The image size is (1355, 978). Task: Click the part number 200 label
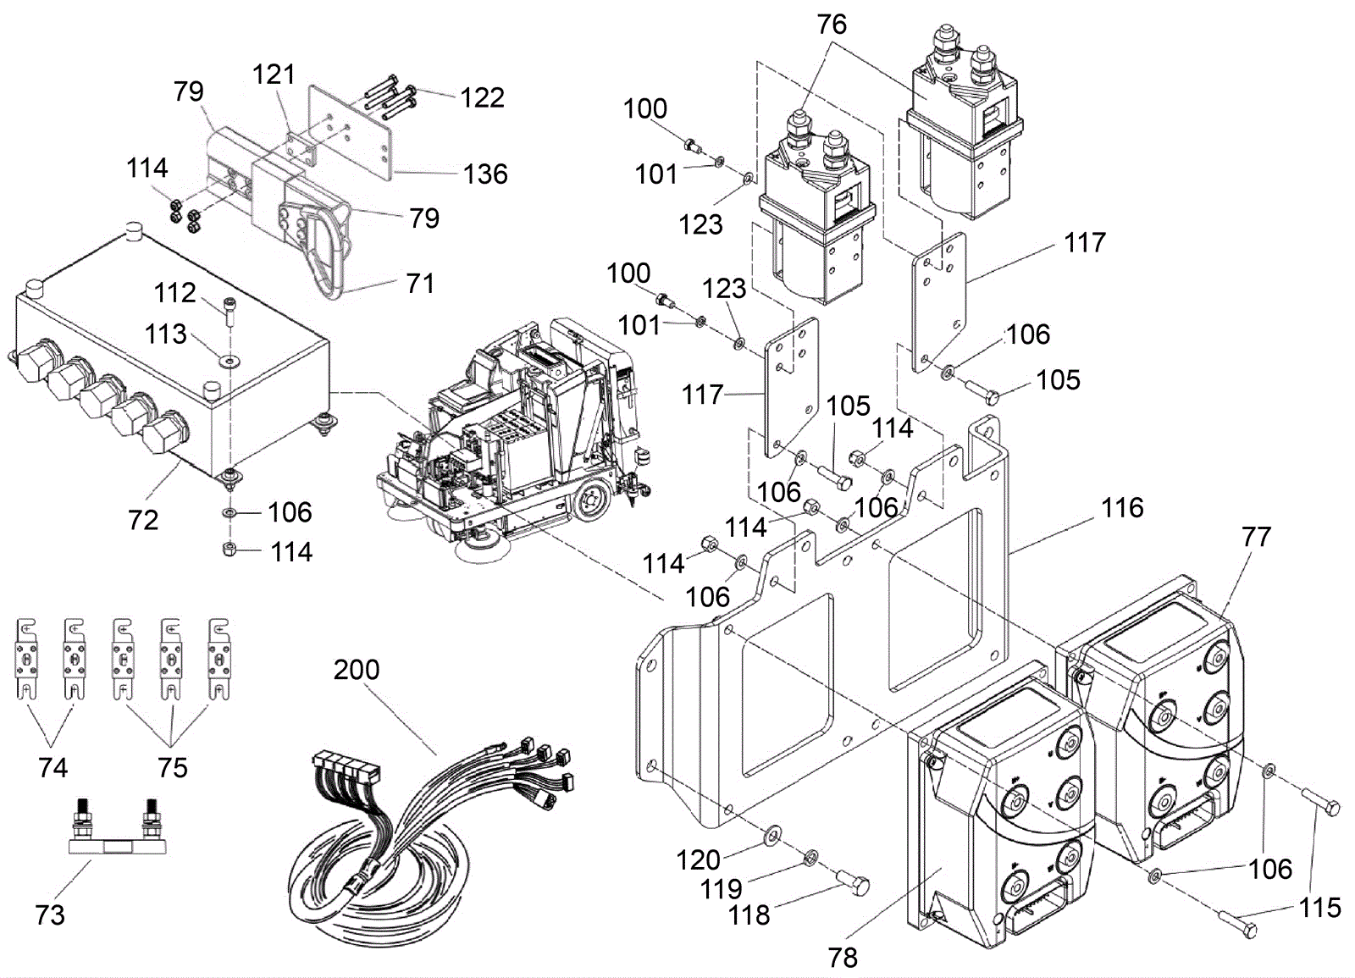[357, 670]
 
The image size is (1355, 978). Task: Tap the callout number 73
[50, 914]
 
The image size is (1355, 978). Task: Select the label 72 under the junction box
[143, 520]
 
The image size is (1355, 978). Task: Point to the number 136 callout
[485, 174]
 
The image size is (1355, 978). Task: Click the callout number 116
[1122, 507]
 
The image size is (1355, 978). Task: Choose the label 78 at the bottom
[843, 958]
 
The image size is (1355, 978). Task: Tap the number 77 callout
[1257, 537]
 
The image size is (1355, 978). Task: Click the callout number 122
[482, 97]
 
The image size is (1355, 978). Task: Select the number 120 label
[698, 860]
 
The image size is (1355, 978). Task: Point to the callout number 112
[174, 293]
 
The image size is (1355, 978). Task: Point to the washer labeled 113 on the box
[230, 361]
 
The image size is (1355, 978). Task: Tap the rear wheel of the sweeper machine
[591, 501]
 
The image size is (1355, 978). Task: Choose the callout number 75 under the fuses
[173, 767]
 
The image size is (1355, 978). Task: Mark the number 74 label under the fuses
[53, 767]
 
